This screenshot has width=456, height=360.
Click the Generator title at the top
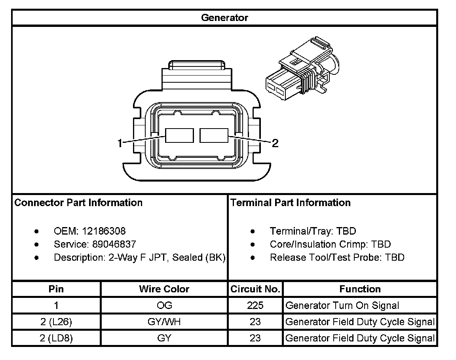pos(224,18)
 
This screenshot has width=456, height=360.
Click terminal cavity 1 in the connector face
pos(179,135)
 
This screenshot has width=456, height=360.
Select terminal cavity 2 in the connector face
pos(214,135)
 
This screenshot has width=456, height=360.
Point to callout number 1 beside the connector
pos(120,143)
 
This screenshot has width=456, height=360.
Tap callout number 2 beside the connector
pos(275,143)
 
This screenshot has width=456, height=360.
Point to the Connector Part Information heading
pos(78,203)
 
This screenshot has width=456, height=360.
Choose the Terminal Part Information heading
pos(291,203)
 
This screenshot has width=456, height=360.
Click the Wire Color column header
pos(164,289)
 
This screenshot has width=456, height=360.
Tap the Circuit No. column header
pos(255,289)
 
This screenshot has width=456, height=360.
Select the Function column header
pos(360,289)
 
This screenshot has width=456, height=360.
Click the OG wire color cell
pos(164,305)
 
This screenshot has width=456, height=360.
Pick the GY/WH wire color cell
pos(164,322)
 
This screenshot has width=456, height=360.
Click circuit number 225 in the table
pos(255,305)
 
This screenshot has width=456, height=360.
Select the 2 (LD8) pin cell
pos(56,338)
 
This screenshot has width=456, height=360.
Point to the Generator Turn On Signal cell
pos(342,305)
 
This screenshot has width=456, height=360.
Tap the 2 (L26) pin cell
pos(56,322)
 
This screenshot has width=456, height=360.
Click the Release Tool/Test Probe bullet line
pos(337,258)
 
